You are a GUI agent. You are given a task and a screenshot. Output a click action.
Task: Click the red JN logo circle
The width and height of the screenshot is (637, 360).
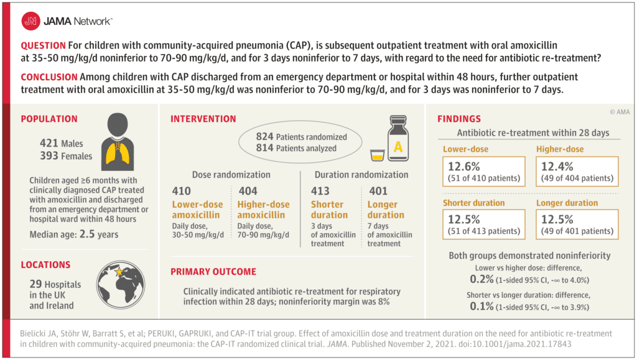coord(30,21)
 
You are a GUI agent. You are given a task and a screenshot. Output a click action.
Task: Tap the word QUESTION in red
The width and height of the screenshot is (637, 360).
coord(42,46)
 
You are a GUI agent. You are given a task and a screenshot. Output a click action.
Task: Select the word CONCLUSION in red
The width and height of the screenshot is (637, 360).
coord(49,76)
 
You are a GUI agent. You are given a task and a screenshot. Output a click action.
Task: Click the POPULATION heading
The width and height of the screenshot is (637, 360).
coord(49,119)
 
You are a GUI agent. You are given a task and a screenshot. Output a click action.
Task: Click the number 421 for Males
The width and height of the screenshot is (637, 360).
coord(51,144)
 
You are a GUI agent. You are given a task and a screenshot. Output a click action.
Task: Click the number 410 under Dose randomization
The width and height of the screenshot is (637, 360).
coord(182,191)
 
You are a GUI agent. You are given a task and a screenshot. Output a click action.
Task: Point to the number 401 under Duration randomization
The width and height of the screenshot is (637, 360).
coord(379,191)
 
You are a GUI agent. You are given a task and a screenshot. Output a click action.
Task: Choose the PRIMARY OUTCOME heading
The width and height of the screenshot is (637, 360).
coord(213,272)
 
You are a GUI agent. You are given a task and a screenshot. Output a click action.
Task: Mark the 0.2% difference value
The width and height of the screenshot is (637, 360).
coord(481,279)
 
